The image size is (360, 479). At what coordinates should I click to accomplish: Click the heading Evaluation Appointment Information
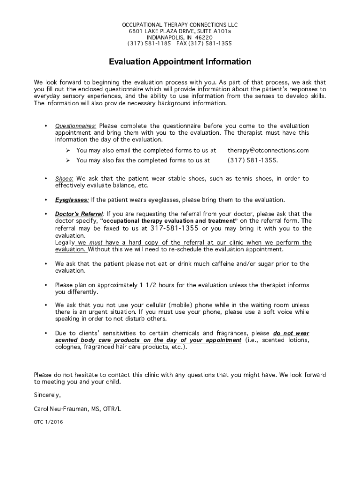[180, 62]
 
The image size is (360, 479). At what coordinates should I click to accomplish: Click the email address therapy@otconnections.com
[268, 151]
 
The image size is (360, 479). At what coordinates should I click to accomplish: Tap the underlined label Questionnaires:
[76, 126]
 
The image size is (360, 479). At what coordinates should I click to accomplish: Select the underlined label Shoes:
[64, 179]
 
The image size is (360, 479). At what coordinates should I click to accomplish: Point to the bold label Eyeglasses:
[72, 200]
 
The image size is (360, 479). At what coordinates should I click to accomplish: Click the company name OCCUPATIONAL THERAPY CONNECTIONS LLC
[180, 25]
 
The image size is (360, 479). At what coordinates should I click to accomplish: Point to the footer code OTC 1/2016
[48, 421]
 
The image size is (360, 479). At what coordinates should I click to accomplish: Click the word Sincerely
[47, 395]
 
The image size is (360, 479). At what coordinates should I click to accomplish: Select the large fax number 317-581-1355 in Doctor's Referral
[174, 228]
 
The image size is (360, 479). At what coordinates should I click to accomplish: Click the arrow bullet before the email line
[68, 151]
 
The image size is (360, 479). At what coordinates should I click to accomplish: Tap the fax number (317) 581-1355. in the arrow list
[252, 160]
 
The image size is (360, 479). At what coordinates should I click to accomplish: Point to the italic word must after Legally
[96, 243]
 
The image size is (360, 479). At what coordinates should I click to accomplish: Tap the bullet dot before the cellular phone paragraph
[45, 305]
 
